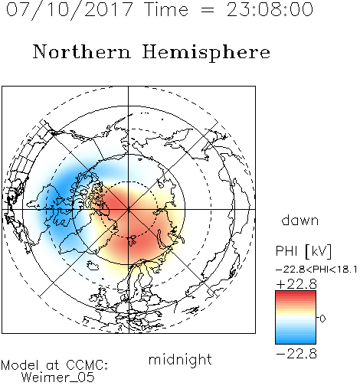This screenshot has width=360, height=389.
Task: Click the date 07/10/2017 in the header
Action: coord(70,10)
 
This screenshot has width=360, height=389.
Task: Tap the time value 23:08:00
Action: coord(270,10)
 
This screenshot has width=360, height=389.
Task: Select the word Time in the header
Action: coord(166,10)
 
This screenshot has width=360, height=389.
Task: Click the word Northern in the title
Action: coord(82,52)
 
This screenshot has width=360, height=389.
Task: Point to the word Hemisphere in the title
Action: coord(206,52)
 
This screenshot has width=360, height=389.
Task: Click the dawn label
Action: coord(300,221)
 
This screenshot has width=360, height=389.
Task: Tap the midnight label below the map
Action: coord(180,359)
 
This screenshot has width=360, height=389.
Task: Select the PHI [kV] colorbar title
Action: coord(303,251)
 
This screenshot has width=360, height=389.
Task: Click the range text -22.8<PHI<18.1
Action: coord(316,270)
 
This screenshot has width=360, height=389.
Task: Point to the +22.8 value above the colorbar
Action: coord(296,284)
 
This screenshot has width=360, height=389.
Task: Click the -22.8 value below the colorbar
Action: coord(296,354)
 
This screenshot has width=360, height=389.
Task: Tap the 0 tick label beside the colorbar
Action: coord(322,319)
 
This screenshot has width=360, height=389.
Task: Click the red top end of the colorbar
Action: coord(296,293)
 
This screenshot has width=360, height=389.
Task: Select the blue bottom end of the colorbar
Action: coord(296,341)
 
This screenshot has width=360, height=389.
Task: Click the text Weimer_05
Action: coord(57,378)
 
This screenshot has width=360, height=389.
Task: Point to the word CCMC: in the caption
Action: coord(87,365)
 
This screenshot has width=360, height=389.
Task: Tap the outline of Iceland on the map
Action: coord(93,266)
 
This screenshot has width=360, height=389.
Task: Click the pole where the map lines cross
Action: coord(129,210)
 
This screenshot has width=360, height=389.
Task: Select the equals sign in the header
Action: coord(208,11)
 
